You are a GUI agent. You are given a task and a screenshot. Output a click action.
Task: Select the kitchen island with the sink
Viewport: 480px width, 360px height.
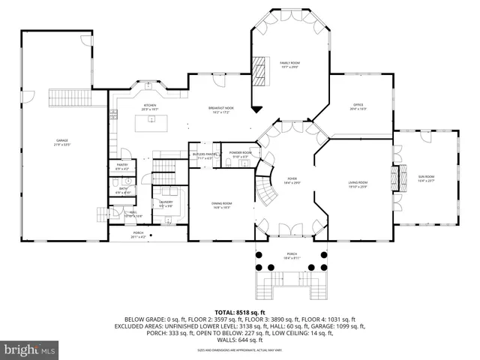(152, 122)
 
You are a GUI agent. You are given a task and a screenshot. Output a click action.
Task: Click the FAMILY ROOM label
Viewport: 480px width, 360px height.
(289, 64)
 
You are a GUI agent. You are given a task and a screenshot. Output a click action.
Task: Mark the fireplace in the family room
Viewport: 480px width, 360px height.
(259, 72)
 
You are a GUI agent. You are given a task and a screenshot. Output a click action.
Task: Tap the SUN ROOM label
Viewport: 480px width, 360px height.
(426, 178)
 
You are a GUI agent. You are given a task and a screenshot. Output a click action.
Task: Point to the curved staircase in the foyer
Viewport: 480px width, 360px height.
(265, 187)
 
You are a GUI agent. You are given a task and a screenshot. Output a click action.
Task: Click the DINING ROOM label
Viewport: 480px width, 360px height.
(222, 205)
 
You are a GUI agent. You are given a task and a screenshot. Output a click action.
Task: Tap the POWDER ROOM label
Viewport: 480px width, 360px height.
(241, 154)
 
